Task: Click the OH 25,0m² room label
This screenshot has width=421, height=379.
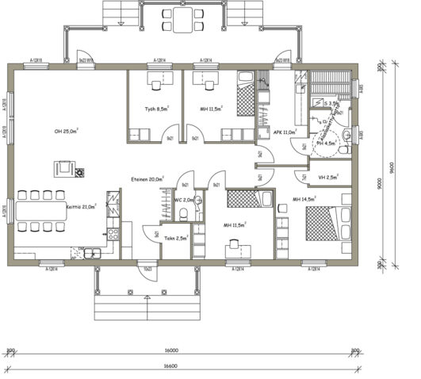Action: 66,131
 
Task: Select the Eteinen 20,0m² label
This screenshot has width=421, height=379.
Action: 147,180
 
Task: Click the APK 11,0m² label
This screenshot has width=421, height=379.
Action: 284,132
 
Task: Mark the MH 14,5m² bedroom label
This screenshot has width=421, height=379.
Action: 305,198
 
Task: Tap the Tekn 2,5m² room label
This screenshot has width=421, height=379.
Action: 175,237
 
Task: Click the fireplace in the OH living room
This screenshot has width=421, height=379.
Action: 64,169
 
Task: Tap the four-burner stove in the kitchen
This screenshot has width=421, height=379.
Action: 113,234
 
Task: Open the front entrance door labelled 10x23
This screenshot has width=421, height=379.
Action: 147,269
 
